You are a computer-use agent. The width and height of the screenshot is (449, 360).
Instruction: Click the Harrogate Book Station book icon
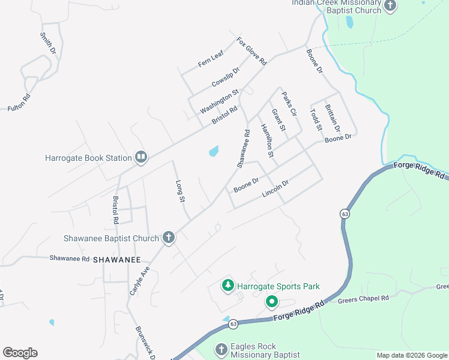[x=141, y=158]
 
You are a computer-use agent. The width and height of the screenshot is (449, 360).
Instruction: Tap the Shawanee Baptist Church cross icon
[x=169, y=238]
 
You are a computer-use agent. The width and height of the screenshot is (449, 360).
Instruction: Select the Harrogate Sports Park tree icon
[x=228, y=286]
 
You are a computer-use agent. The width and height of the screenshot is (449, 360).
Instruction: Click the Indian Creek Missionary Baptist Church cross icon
[x=390, y=7]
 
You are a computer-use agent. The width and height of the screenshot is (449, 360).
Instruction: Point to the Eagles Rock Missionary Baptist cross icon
[x=221, y=349]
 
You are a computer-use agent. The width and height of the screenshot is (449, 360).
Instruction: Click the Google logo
[x=20, y=353]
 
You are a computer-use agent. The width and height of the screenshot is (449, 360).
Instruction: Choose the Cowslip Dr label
[x=225, y=77]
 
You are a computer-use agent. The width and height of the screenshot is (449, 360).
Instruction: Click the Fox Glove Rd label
[x=252, y=52]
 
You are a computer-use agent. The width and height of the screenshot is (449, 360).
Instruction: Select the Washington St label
[x=219, y=101]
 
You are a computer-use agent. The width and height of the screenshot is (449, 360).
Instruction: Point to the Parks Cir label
[x=289, y=104]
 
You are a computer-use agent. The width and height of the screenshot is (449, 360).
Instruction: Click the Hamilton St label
[x=267, y=140]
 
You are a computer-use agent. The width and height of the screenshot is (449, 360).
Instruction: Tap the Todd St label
[x=316, y=119]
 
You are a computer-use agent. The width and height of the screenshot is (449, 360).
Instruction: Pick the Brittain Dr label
[x=332, y=118]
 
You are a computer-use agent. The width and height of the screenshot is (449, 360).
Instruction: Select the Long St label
[x=179, y=191]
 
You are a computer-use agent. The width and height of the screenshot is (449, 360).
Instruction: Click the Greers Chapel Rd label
[x=363, y=298]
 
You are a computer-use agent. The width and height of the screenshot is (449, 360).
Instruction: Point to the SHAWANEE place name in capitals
[x=121, y=260]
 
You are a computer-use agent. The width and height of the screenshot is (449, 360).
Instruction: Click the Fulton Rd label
[x=19, y=103]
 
